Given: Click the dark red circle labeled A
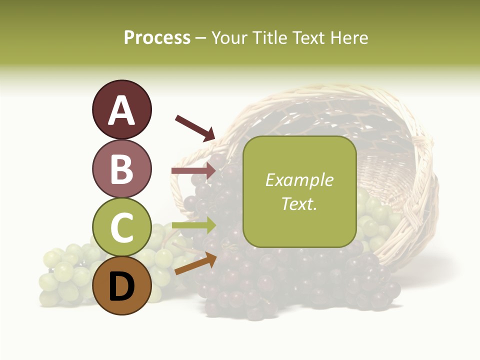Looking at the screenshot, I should [x=121, y=109].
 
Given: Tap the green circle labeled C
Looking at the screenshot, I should [x=121, y=227].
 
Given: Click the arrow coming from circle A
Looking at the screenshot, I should [x=195, y=128].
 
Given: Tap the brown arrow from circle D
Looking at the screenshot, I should [x=195, y=264].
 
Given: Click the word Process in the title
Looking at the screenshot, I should [x=157, y=37].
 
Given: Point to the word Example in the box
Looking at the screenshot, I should [x=299, y=180].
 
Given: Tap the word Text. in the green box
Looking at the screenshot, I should [x=299, y=203].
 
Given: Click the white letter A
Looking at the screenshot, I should [x=121, y=110].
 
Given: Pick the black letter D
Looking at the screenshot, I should [x=121, y=286].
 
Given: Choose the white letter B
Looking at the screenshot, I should [x=121, y=169].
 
